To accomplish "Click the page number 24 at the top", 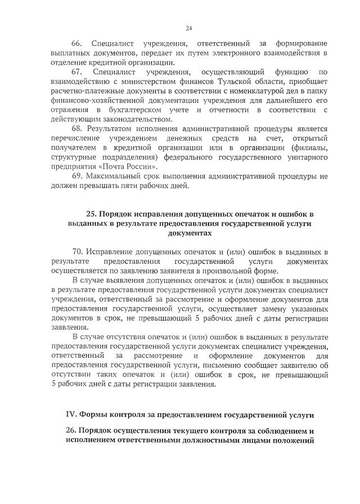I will [188, 28].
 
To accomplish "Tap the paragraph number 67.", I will [76, 72].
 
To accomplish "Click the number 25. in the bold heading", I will [91, 214].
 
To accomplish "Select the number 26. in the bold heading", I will [71, 430].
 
